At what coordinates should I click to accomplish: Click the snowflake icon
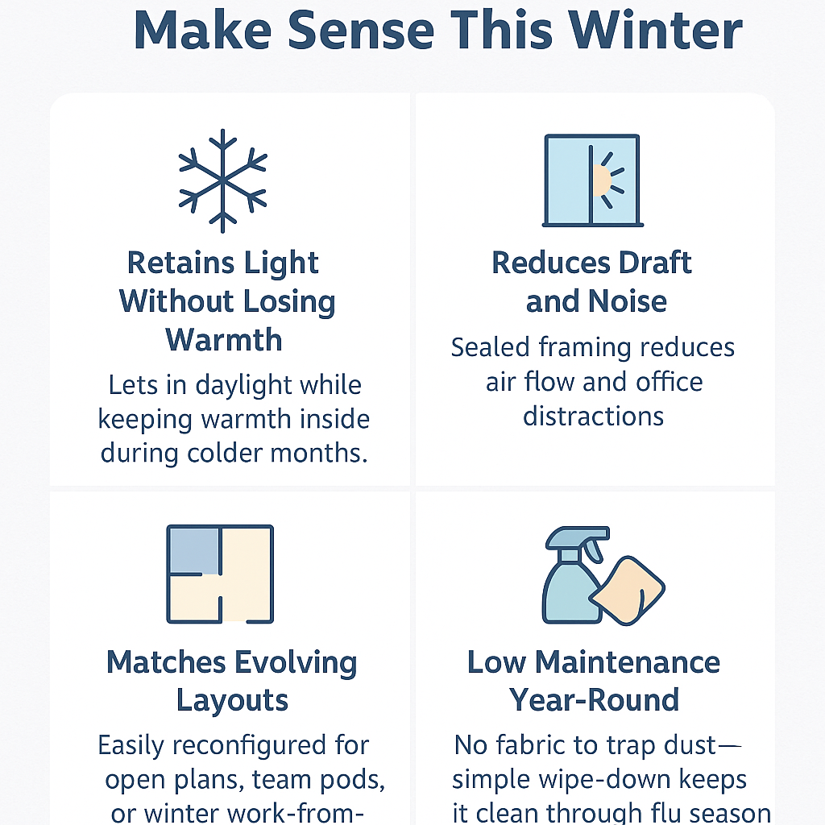pyautogui.click(x=222, y=180)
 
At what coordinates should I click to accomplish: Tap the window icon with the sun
pyautogui.click(x=592, y=180)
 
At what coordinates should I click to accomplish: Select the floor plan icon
pyautogui.click(x=220, y=574)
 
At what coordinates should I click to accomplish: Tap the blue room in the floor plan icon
pyautogui.click(x=193, y=550)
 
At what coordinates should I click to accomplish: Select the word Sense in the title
pyautogui.click(x=361, y=31)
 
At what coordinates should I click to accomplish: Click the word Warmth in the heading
pyautogui.click(x=224, y=339)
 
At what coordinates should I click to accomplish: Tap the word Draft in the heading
pyautogui.click(x=654, y=263)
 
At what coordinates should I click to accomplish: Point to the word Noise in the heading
pyautogui.click(x=627, y=301)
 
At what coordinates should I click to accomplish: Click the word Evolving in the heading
pyautogui.click(x=292, y=663)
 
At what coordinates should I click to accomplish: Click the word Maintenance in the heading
pyautogui.click(x=627, y=662)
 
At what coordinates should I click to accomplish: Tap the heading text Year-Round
pyautogui.click(x=594, y=700)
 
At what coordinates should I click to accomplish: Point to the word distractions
pyautogui.click(x=593, y=417)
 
